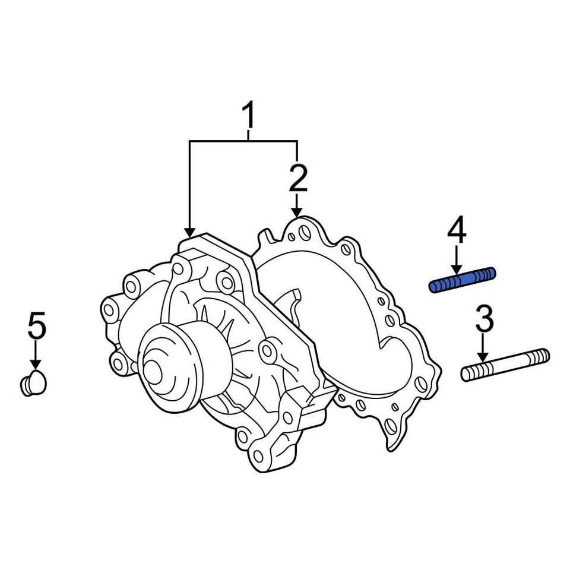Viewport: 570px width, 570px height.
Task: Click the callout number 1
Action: (249, 116)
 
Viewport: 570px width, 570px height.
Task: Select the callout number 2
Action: (297, 179)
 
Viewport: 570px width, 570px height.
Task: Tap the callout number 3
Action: (484, 319)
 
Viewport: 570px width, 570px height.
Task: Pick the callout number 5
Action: (36, 327)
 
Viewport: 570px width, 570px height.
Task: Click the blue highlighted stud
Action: (462, 280)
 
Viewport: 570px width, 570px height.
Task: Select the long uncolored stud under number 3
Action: (505, 365)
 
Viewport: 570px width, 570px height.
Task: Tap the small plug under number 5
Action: (34, 383)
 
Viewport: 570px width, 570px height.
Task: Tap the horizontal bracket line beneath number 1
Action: (243, 141)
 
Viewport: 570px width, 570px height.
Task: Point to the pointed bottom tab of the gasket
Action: (391, 442)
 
